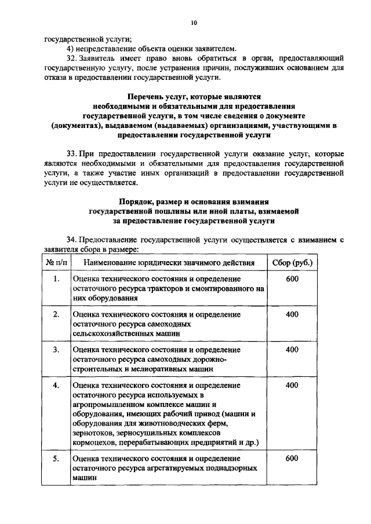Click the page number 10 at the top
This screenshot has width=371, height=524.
coord(194,23)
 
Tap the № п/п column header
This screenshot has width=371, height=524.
coord(56,263)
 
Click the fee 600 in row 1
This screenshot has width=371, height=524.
coord(292,279)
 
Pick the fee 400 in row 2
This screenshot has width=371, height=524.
coord(292,314)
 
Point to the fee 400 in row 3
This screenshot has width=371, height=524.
coord(292,350)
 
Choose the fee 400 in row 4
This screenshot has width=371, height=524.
coord(292,385)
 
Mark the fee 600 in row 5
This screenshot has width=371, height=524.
coord(292,458)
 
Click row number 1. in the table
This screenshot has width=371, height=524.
coord(56,279)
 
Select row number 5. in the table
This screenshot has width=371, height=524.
coord(56,458)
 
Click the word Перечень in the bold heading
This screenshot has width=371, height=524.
coord(148,97)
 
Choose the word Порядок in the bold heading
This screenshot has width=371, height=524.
coord(139,202)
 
